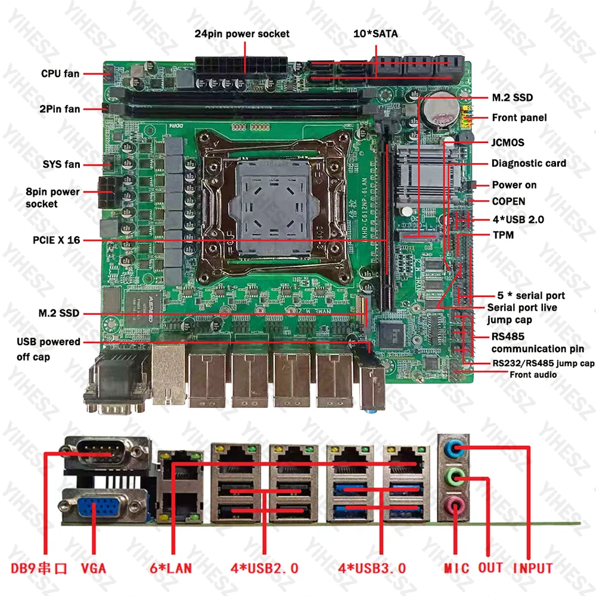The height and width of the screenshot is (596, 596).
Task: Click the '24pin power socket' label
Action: [x=242, y=33]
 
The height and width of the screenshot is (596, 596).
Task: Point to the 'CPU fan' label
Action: [x=60, y=74]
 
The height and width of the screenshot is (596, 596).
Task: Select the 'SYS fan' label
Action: [x=61, y=164]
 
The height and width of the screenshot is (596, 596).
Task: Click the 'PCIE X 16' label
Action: [x=56, y=240]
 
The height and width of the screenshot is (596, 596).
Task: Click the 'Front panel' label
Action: [x=519, y=117]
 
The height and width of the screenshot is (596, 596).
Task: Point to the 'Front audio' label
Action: [x=533, y=375]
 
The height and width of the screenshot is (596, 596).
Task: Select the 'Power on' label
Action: [x=514, y=185]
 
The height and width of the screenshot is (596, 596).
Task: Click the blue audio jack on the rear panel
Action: [x=454, y=446]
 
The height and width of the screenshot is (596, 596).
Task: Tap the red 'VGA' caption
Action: [x=93, y=568]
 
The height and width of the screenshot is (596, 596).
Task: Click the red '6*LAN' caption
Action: [x=172, y=568]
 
